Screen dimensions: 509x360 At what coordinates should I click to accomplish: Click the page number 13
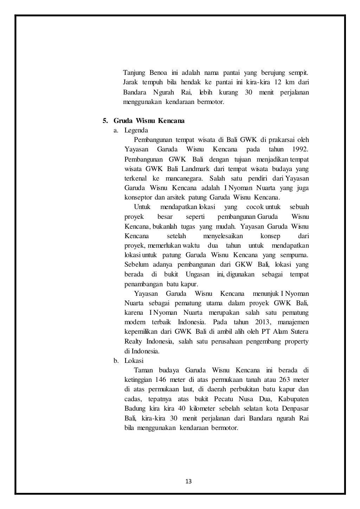(188, 481)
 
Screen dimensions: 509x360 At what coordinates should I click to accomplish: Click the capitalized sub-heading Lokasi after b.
(134, 361)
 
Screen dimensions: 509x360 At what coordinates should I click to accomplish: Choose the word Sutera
(297, 332)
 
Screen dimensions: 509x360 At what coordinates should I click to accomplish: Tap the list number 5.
(105, 121)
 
